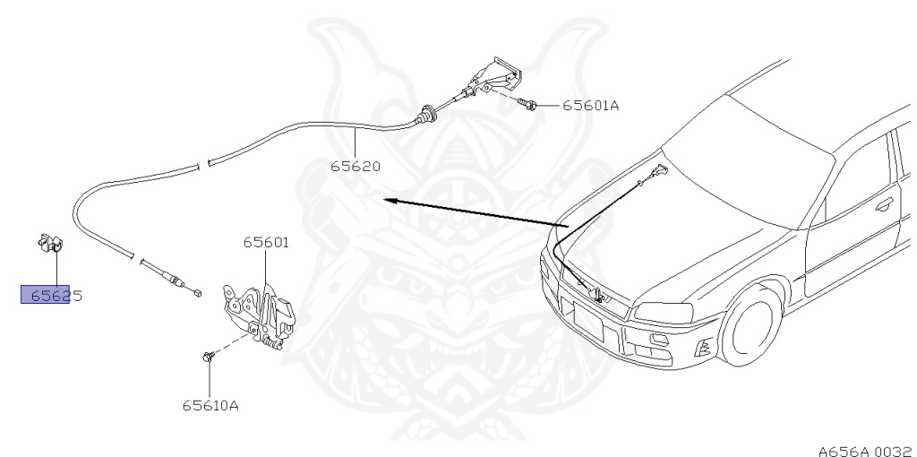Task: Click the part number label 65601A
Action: (x=590, y=106)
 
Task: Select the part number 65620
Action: (x=356, y=166)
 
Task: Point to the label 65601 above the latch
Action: (x=266, y=242)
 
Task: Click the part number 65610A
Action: (x=210, y=405)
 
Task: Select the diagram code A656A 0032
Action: (x=867, y=451)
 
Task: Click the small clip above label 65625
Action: (x=50, y=244)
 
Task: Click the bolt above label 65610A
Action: (x=209, y=356)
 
